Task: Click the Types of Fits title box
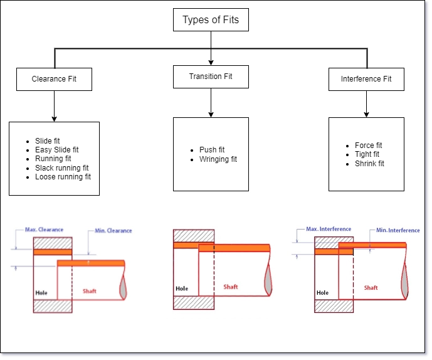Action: click(x=211, y=19)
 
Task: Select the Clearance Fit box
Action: click(x=54, y=79)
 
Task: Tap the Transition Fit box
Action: click(x=211, y=77)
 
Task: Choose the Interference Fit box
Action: click(x=366, y=79)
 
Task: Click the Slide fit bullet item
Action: click(x=48, y=141)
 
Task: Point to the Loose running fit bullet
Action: click(x=63, y=177)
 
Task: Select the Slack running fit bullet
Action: click(x=61, y=168)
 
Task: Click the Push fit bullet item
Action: click(x=212, y=150)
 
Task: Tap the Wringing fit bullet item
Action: click(x=218, y=159)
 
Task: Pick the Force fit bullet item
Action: click(x=368, y=146)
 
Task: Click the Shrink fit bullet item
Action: click(x=369, y=164)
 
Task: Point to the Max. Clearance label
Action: click(x=44, y=230)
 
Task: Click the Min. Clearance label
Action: click(x=113, y=231)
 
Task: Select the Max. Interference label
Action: click(x=329, y=229)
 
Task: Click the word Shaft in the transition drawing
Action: click(x=231, y=287)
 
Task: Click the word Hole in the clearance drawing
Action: click(x=41, y=292)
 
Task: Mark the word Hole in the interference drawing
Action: click(x=322, y=292)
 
